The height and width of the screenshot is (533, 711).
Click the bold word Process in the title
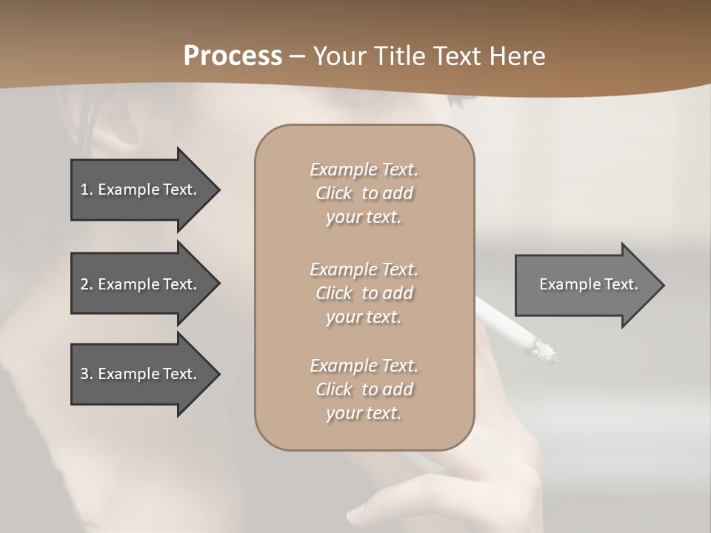pyautogui.click(x=233, y=56)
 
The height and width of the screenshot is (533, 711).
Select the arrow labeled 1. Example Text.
pyautogui.click(x=141, y=190)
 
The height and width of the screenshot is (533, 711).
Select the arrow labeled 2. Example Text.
pyautogui.click(x=141, y=284)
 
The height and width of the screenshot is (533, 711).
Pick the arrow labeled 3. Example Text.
pyautogui.click(x=141, y=374)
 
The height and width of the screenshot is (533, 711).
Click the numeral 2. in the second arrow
pyautogui.click(x=87, y=284)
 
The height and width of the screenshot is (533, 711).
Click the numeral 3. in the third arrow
pyautogui.click(x=87, y=374)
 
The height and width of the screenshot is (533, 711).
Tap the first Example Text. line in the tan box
pyautogui.click(x=364, y=170)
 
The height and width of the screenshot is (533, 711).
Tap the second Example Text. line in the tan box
pyautogui.click(x=364, y=269)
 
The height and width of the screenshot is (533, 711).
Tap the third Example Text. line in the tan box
pyautogui.click(x=364, y=366)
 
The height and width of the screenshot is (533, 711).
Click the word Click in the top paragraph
pyautogui.click(x=334, y=193)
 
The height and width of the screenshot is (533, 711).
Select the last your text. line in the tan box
pyautogui.click(x=364, y=413)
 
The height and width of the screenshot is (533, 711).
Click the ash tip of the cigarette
pyautogui.click(x=545, y=350)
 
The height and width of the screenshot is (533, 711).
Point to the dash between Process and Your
pyautogui.click(x=298, y=56)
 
